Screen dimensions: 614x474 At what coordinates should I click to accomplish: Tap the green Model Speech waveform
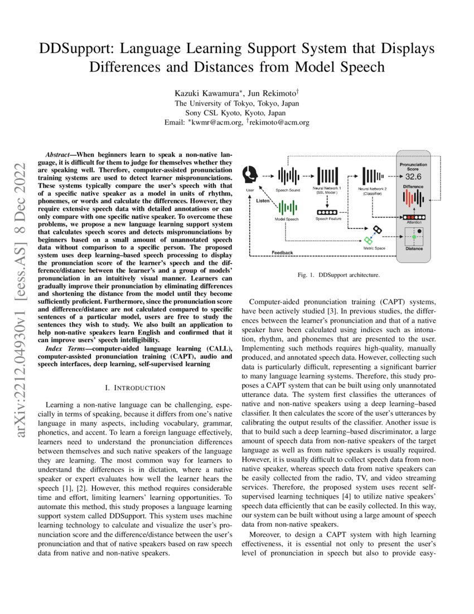coord(287,208)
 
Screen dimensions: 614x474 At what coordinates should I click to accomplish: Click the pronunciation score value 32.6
coord(413,176)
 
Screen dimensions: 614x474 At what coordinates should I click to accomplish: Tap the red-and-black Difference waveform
coord(413,198)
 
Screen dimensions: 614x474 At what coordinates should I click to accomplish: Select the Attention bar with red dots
coord(413,217)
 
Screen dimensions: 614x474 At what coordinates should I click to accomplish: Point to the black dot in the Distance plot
coord(419,230)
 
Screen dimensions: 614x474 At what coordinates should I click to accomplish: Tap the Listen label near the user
coord(264,199)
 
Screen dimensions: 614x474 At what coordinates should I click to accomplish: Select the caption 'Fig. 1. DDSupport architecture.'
coord(338,275)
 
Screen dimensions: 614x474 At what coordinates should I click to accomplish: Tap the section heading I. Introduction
coord(135,387)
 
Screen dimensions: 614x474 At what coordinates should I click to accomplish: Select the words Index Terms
coord(64,349)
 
